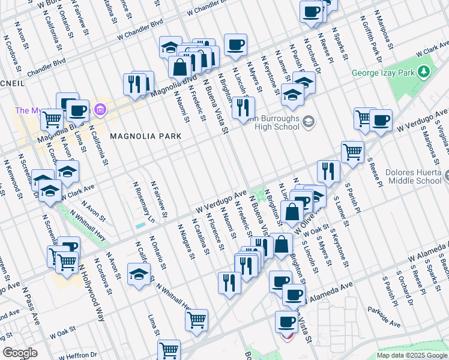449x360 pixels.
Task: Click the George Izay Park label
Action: (x=384, y=73)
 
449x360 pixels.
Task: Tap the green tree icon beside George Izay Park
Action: (x=424, y=73)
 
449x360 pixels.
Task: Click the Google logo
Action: (x=20, y=352)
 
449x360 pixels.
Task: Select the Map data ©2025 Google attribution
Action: (x=411, y=355)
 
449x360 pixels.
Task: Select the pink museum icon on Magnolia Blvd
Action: (x=100, y=110)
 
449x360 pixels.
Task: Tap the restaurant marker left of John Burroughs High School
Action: (x=243, y=106)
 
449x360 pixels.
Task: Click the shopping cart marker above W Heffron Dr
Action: (x=169, y=349)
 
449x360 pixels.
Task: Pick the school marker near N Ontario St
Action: (x=139, y=275)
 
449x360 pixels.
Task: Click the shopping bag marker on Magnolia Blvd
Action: (x=179, y=67)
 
